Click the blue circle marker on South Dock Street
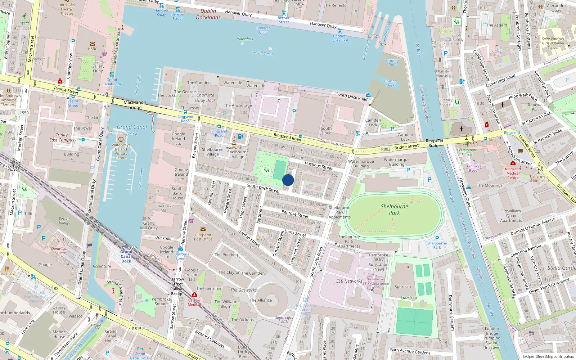point(288,180)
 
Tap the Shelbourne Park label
point(394,210)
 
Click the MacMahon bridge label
point(135,105)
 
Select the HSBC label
point(93,49)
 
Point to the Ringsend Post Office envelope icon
point(203,229)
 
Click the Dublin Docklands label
point(208,14)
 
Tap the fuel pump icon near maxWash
point(240,136)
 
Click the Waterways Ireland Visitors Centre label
point(121,151)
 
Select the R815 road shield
point(137,328)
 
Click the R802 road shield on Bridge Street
point(386,149)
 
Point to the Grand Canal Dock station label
point(126,256)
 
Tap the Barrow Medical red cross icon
point(194,295)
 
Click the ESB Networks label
point(349,281)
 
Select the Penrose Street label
point(295,214)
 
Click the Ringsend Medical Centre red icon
point(513,163)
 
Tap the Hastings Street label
point(319,166)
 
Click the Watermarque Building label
point(361,164)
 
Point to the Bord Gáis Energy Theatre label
point(67,9)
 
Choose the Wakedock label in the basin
point(245,39)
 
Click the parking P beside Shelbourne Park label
point(437,238)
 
